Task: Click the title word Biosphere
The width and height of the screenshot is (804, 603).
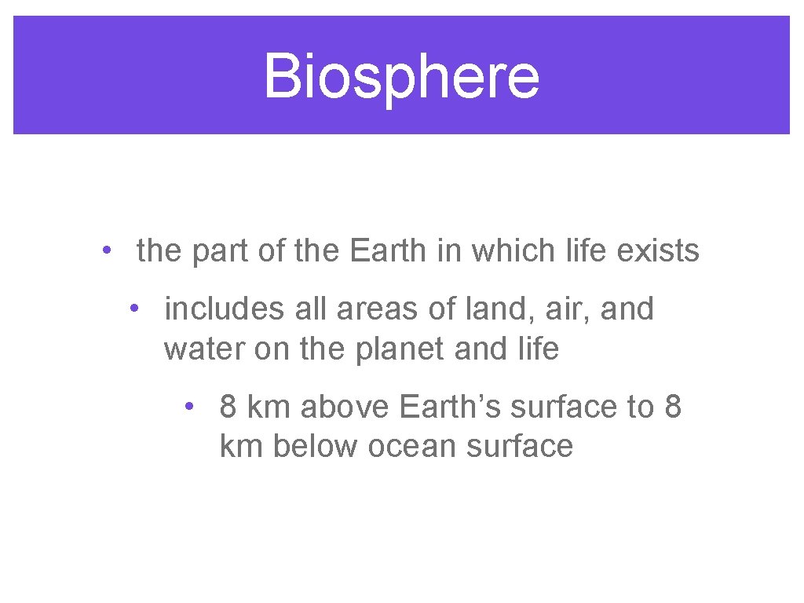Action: point(401,76)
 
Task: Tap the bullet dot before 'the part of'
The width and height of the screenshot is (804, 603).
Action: point(105,251)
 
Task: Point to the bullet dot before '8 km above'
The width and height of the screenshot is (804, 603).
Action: point(189,407)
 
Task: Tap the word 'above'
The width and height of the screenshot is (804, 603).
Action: point(345,407)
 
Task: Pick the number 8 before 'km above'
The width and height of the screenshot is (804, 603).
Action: point(228,407)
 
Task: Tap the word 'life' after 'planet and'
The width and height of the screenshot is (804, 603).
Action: point(538,349)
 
